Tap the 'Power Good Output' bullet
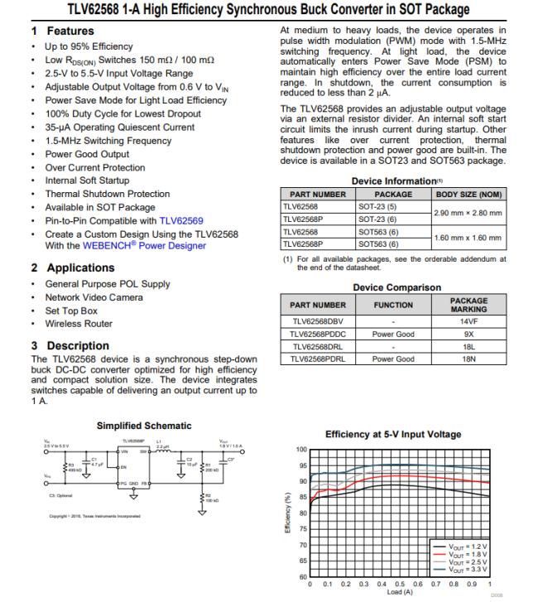(x=87, y=154)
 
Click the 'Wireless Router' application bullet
(x=79, y=324)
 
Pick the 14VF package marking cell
(x=468, y=320)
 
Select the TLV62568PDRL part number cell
(x=319, y=359)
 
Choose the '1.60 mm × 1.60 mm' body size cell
(x=468, y=238)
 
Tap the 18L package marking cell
(x=468, y=346)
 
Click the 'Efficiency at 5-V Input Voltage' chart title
(x=394, y=434)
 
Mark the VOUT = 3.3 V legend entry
(x=468, y=570)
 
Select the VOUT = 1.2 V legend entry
(x=468, y=547)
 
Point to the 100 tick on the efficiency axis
(x=301, y=450)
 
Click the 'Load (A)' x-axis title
(x=396, y=591)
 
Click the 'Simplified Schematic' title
(x=144, y=425)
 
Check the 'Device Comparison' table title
(x=396, y=287)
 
